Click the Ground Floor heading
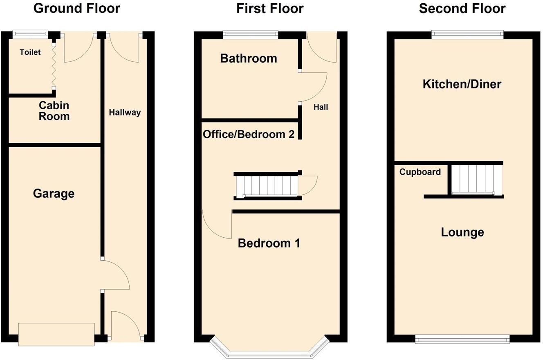(x=76, y=8)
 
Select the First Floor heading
(x=270, y=8)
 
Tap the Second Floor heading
(x=462, y=8)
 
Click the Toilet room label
(x=30, y=52)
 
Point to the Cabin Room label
(x=54, y=111)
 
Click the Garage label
(x=54, y=193)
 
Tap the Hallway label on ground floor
(x=125, y=112)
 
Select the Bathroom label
(x=249, y=59)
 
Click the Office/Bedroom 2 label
(x=249, y=134)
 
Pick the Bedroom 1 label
(x=269, y=243)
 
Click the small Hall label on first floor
(x=321, y=108)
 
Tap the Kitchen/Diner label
(x=462, y=84)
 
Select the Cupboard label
(x=420, y=172)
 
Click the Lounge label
(x=462, y=232)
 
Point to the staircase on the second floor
(x=476, y=179)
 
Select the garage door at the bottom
(x=56, y=334)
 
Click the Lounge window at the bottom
(x=462, y=338)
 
